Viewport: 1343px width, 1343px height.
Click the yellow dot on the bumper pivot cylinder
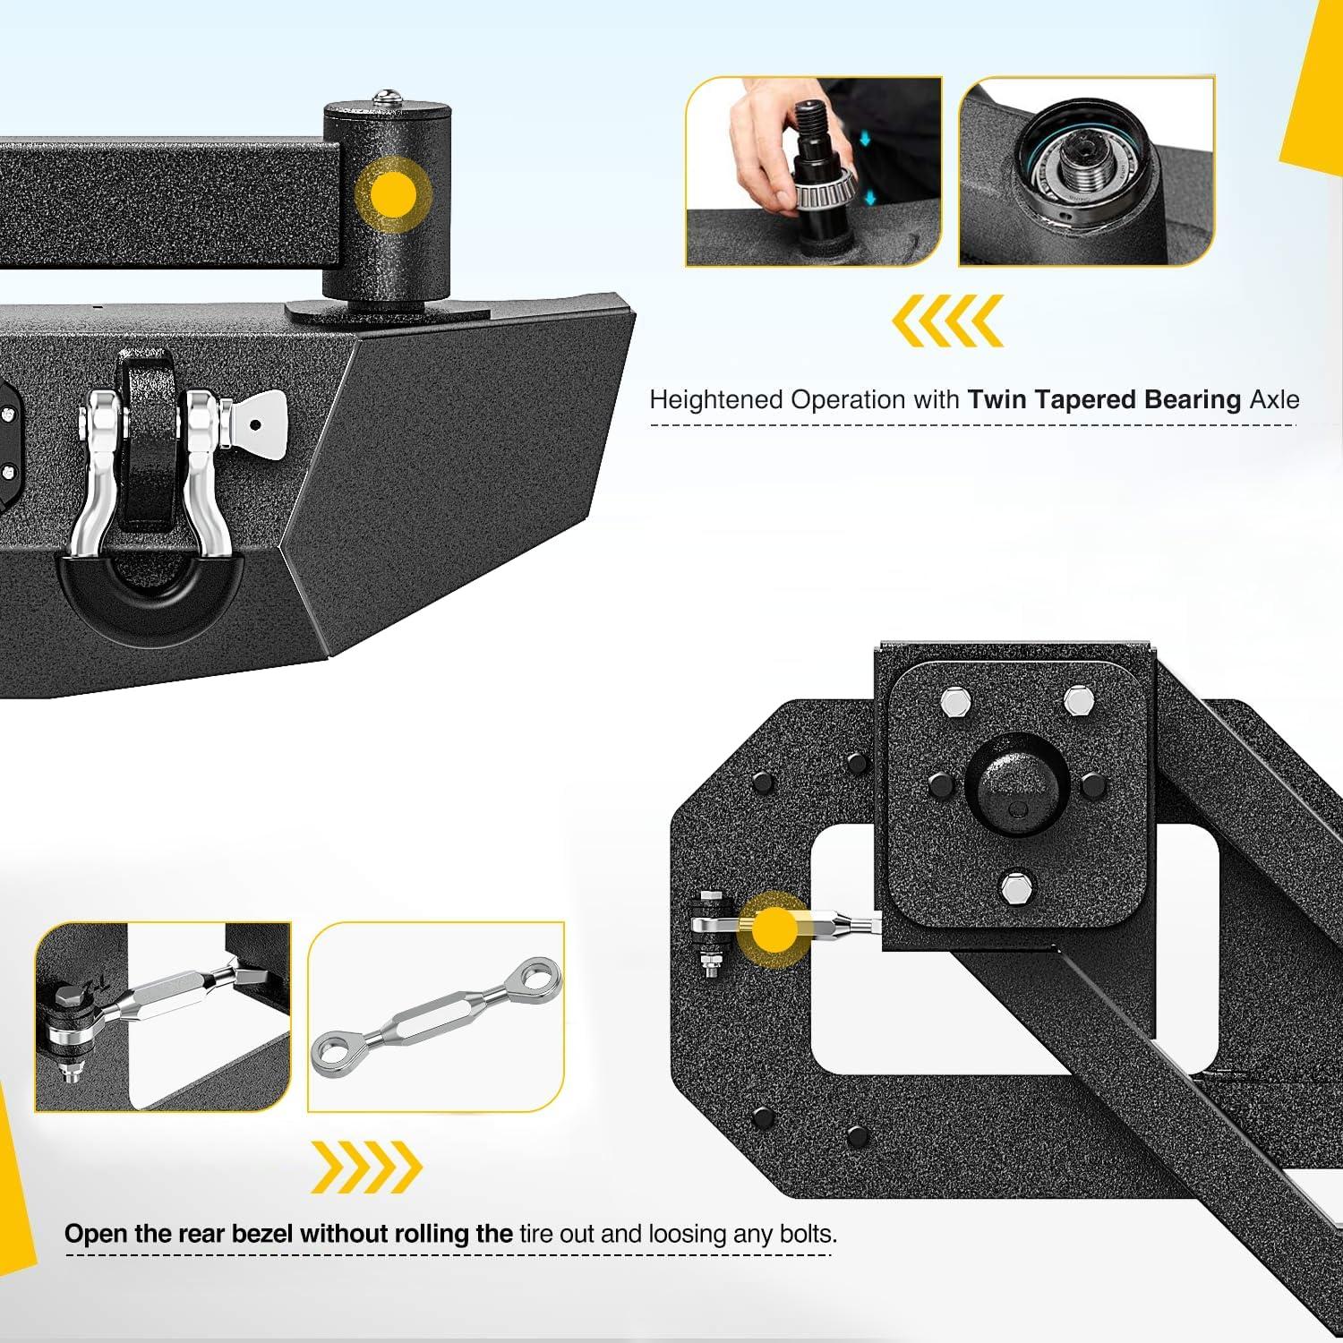392,194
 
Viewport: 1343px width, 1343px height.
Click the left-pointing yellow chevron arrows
948,320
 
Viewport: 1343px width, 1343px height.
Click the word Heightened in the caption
715,399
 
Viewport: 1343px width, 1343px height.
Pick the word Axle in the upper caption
1274,399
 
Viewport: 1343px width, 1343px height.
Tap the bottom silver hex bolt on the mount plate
1017,888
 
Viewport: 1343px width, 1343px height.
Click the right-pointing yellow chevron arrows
366,1167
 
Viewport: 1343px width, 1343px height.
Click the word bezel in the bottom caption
262,1234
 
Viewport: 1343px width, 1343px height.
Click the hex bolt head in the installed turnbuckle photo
70,999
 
